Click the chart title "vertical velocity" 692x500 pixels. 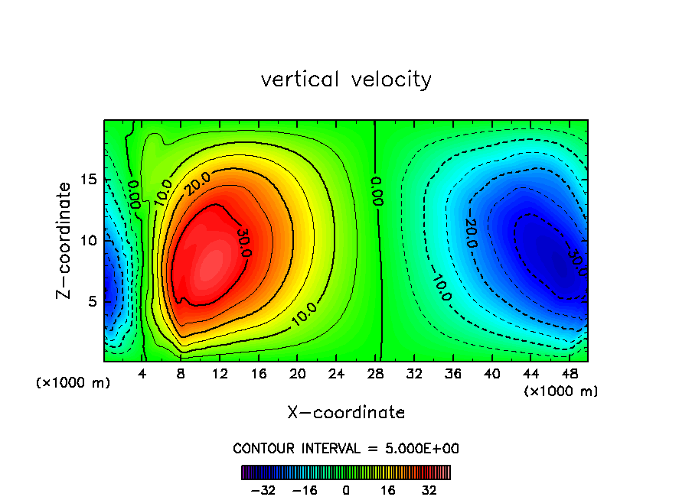pyautogui.click(x=346, y=80)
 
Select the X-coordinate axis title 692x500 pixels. pyautogui.click(x=346, y=413)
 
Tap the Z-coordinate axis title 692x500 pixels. pyautogui.click(x=66, y=240)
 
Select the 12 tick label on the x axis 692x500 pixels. pyautogui.click(x=220, y=374)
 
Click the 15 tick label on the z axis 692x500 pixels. pyautogui.click(x=90, y=180)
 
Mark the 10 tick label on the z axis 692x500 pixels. pyautogui.click(x=90, y=241)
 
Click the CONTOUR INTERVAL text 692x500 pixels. pyautogui.click(x=346, y=448)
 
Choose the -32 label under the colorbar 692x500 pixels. pyautogui.click(x=263, y=490)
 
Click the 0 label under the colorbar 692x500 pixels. pyautogui.click(x=346, y=490)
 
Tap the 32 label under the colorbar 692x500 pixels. pyautogui.click(x=429, y=490)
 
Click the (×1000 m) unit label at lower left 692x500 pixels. pyautogui.click(x=73, y=383)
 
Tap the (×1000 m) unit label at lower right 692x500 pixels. pyautogui.click(x=561, y=391)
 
